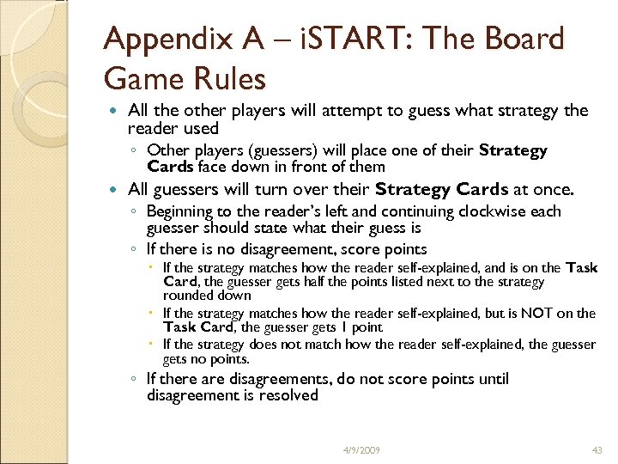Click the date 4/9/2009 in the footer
point(360,450)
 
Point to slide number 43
point(597,450)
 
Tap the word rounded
point(185,296)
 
